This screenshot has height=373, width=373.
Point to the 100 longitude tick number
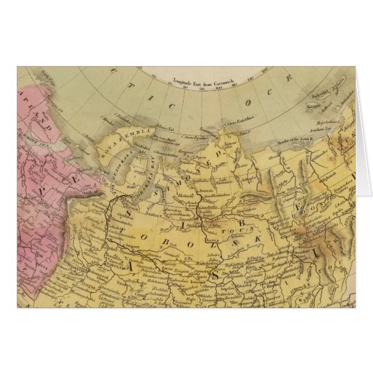point(220,90)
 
